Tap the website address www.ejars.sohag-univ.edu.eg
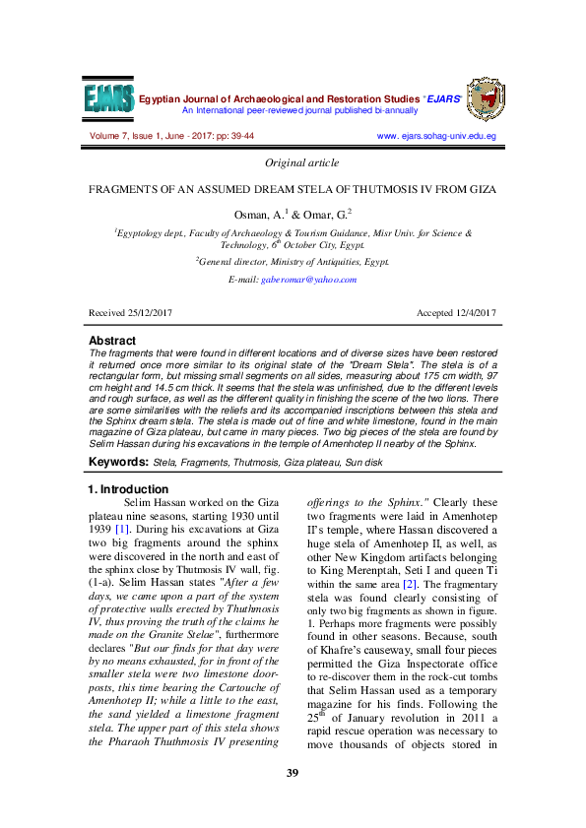click(x=436, y=135)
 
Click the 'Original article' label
click(x=302, y=162)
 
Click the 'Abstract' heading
click(x=112, y=341)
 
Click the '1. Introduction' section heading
click(x=128, y=489)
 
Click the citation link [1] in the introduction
click(x=122, y=531)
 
